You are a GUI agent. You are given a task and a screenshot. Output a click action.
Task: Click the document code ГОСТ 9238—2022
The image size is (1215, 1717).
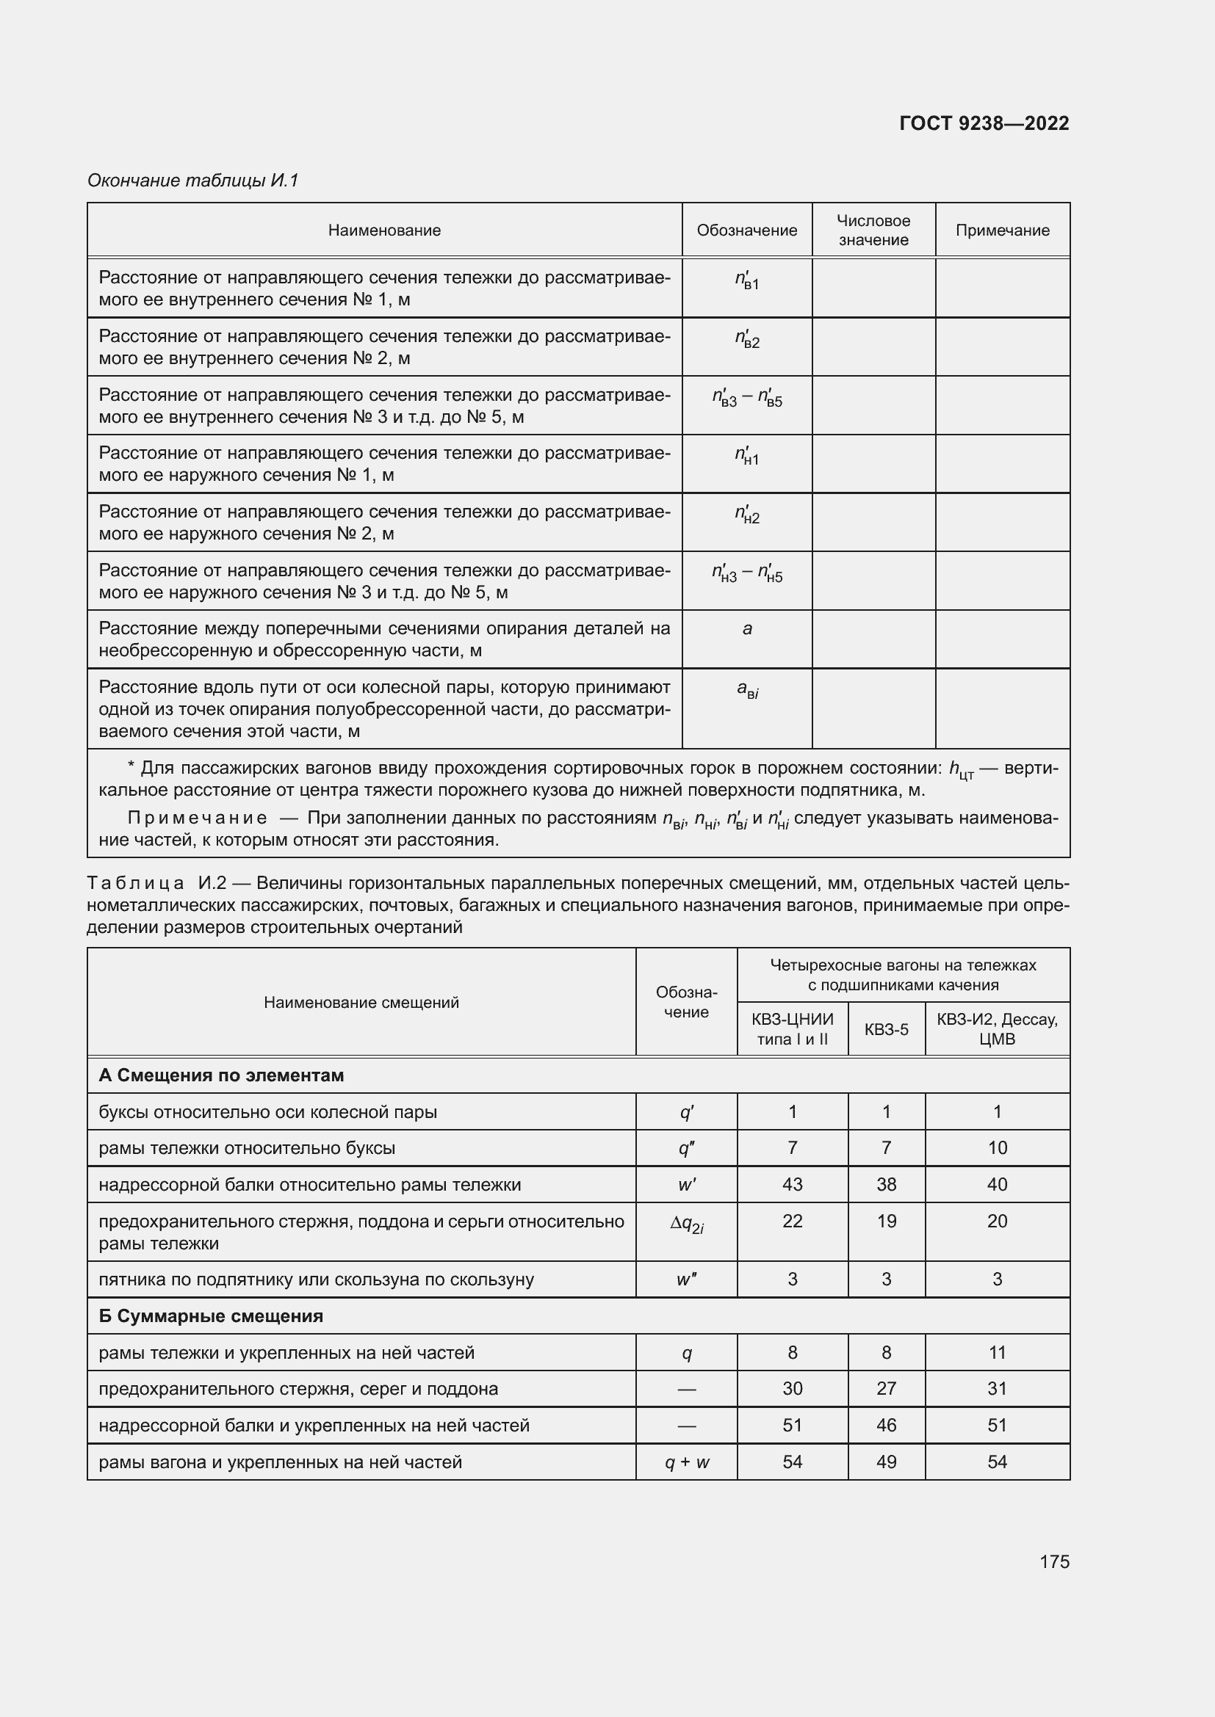click(984, 123)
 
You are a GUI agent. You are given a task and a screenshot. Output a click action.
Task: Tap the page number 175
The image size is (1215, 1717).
click(1054, 1561)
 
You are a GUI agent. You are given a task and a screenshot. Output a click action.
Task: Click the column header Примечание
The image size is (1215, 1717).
click(1002, 230)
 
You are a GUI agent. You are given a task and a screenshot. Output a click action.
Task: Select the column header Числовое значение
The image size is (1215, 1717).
click(873, 230)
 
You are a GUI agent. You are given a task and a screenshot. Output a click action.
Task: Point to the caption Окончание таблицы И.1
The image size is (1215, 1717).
click(193, 181)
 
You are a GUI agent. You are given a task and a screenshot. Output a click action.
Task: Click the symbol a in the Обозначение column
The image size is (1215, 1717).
click(746, 629)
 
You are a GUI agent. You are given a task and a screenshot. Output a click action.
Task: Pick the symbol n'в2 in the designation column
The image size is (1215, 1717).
click(746, 341)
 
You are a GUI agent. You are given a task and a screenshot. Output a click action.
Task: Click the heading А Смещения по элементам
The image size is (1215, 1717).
click(221, 1075)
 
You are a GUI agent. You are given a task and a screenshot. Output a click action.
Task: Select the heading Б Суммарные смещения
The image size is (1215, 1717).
click(211, 1316)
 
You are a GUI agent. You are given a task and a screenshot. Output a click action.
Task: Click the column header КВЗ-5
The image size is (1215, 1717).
click(886, 1030)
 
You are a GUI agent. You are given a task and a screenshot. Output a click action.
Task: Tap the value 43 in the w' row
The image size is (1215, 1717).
click(793, 1185)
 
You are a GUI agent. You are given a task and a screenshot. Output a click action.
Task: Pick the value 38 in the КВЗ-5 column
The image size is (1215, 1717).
click(886, 1185)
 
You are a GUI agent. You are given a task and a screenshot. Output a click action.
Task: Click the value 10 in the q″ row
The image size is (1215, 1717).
click(998, 1148)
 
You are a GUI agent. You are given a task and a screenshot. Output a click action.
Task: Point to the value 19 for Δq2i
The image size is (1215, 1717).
click(886, 1221)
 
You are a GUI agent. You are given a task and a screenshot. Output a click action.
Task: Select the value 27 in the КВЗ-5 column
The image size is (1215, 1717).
click(886, 1389)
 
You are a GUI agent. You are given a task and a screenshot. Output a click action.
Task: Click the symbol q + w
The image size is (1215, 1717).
click(687, 1462)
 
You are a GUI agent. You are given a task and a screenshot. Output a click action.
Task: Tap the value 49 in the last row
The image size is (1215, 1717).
click(886, 1462)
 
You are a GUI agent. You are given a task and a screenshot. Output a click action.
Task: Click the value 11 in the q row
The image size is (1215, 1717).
click(998, 1353)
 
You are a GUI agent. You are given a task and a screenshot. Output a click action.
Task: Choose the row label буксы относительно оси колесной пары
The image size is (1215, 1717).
click(268, 1112)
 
